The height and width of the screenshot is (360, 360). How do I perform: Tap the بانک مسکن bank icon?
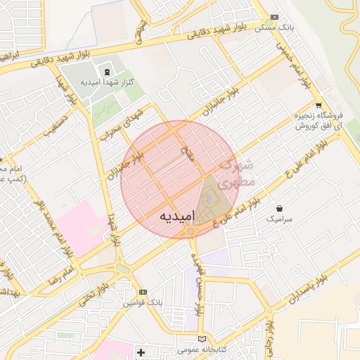(274, 18)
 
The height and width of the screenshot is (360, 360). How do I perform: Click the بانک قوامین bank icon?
(143, 292)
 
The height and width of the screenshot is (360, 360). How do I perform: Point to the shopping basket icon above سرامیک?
(281, 208)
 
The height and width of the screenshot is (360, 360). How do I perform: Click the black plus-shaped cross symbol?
(141, 352)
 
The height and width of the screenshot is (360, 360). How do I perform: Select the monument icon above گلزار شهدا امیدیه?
(106, 72)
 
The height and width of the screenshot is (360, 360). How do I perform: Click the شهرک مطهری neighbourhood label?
(238, 175)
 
